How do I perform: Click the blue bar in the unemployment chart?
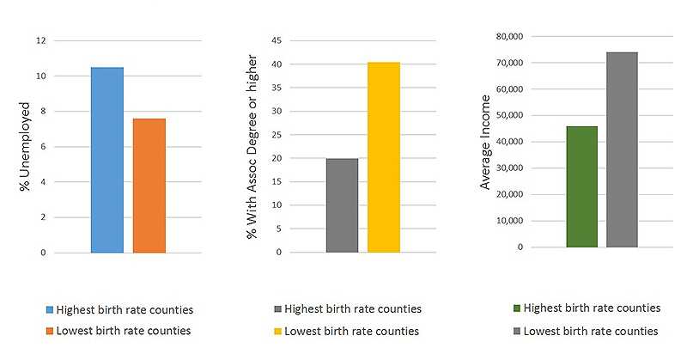tap(106, 160)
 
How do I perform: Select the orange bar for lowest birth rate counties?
tap(149, 186)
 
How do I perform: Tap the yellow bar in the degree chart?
tap(384, 157)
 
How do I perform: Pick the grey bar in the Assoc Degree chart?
tap(342, 205)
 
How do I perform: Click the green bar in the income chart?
tap(581, 186)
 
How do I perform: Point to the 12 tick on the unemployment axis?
tap(40, 40)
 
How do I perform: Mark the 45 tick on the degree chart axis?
tap(277, 40)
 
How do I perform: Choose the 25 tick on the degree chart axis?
tap(277, 135)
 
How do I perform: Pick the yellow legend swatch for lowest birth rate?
tap(277, 332)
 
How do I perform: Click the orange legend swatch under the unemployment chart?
tap(50, 331)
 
